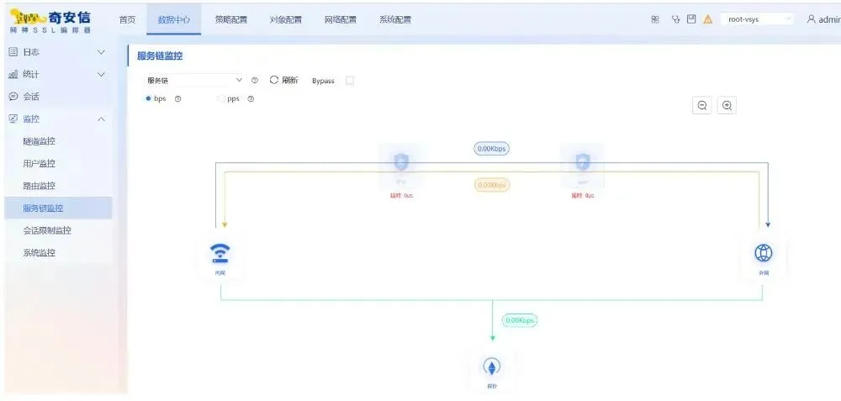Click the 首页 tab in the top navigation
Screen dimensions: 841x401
coord(127,19)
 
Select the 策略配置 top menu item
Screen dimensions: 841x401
coord(231,19)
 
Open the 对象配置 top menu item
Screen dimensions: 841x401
coord(286,19)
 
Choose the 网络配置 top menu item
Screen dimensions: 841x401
coord(341,19)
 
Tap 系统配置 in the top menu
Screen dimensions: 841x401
coord(395,19)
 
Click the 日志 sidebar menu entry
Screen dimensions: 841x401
coord(31,52)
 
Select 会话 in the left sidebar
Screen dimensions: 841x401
coord(31,97)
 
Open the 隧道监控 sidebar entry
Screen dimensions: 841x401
coord(40,141)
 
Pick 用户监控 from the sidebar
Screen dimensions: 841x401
coord(40,163)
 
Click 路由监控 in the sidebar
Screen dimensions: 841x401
coord(40,186)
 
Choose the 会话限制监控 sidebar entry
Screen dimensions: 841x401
coord(47,230)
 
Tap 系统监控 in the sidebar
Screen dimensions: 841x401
coord(40,252)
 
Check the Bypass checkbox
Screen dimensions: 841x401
coord(350,81)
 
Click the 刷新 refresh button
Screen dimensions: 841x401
coord(284,81)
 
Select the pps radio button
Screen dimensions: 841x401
coord(221,98)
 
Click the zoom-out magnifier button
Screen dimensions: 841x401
coord(702,105)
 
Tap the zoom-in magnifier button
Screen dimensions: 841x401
coord(727,105)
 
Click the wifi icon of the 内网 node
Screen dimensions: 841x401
coord(220,253)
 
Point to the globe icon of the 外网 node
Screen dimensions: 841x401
coord(764,252)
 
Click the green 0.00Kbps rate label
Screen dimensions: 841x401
coord(519,320)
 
